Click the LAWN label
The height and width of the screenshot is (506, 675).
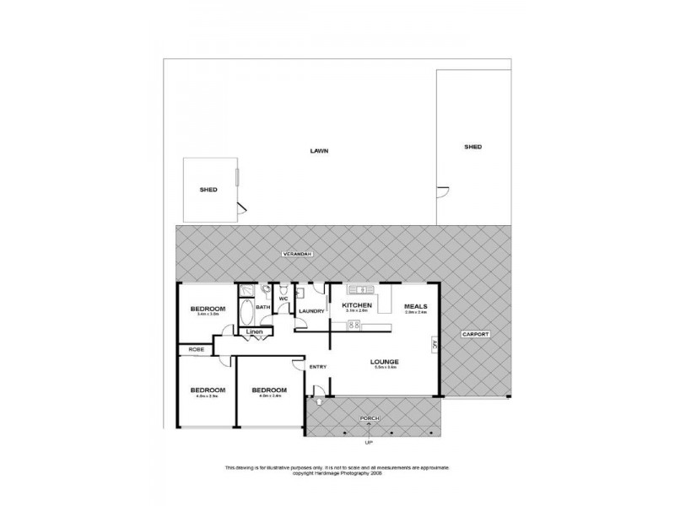[x=318, y=151]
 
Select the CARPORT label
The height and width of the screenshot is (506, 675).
[x=475, y=335]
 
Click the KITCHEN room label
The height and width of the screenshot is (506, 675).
[x=357, y=305]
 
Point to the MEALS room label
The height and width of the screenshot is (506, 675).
[x=415, y=305]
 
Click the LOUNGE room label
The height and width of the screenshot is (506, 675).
[x=383, y=363]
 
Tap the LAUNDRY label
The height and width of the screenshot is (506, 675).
[x=312, y=311]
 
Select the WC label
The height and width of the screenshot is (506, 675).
[x=283, y=299]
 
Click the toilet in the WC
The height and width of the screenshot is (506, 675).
[x=269, y=291]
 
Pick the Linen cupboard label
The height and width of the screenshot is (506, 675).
[x=256, y=332]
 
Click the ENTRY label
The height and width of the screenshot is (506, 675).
[x=317, y=366]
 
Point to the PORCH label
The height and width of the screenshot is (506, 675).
[x=368, y=418]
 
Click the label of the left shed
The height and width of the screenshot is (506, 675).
[x=208, y=190]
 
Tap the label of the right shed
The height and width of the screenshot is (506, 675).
[x=472, y=147]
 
